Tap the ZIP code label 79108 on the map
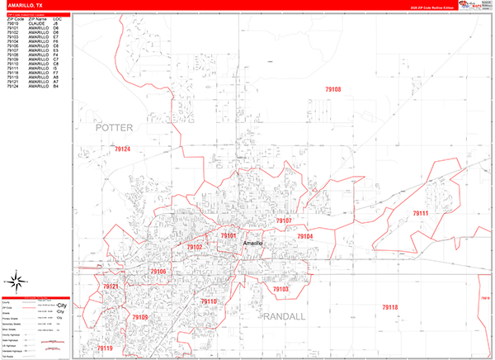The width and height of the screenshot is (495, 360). pyautogui.click(x=333, y=89)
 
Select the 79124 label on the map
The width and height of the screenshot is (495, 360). pyautogui.click(x=122, y=149)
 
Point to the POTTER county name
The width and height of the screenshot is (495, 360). pyautogui.click(x=114, y=128)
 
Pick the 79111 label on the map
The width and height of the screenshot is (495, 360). pyautogui.click(x=421, y=214)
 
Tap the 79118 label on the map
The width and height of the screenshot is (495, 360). pyautogui.click(x=389, y=307)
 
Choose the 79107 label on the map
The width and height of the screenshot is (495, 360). pyautogui.click(x=284, y=221)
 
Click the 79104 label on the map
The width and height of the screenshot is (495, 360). pyautogui.click(x=305, y=237)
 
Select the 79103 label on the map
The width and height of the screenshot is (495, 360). pyautogui.click(x=280, y=290)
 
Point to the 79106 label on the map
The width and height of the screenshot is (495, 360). pyautogui.click(x=158, y=271)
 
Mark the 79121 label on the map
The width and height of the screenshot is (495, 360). pyautogui.click(x=111, y=287)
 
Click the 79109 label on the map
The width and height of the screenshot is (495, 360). pyautogui.click(x=140, y=318)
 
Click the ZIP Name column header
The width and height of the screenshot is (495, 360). pyautogui.click(x=36, y=17)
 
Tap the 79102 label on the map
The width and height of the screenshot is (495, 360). pyautogui.click(x=194, y=247)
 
